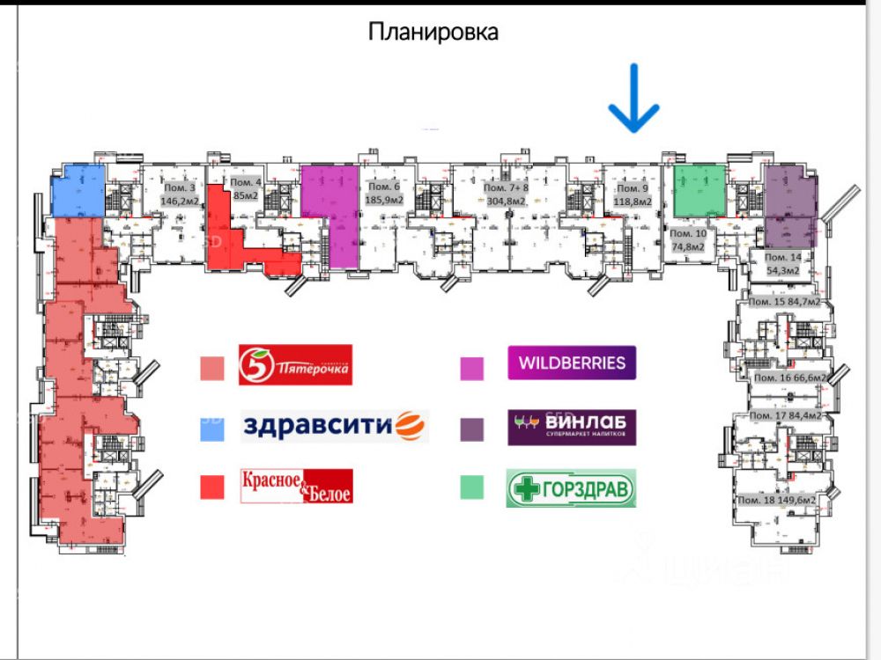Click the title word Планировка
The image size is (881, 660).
pyautogui.click(x=433, y=33)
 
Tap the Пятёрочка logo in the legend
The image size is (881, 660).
pyautogui.click(x=295, y=364)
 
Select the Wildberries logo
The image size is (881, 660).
pyautogui.click(x=572, y=363)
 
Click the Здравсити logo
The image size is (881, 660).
pyautogui.click(x=335, y=426)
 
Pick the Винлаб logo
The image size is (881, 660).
pyautogui.click(x=572, y=427)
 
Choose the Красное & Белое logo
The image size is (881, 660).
pyautogui.click(x=297, y=486)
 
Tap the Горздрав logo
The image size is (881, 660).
pyautogui.click(x=571, y=489)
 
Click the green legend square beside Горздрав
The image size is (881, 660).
pyautogui.click(x=471, y=488)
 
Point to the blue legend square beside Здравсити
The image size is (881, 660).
pyautogui.click(x=211, y=429)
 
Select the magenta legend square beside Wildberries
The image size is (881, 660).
pyautogui.click(x=472, y=367)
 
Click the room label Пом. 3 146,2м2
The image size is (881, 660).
pyautogui.click(x=178, y=194)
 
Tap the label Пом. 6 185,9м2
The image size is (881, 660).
pyautogui.click(x=384, y=194)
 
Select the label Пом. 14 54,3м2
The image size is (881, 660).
pyautogui.click(x=782, y=263)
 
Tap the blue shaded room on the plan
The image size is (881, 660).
pyautogui.click(x=77, y=189)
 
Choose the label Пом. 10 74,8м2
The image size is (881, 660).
pyautogui.click(x=688, y=240)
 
